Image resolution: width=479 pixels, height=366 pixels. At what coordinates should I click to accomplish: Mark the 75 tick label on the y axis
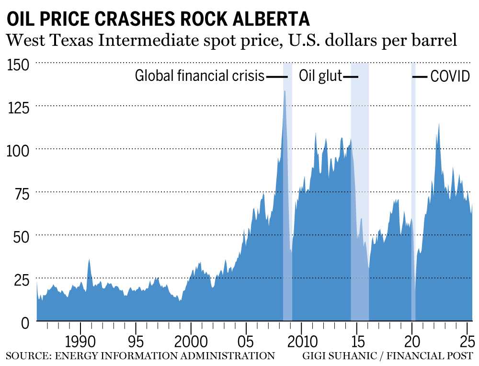pyautogui.click(x=22, y=193)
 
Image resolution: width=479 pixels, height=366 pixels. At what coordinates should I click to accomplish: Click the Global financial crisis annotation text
pyautogui.click(x=199, y=76)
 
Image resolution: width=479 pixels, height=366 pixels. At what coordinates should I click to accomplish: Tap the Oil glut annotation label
pyautogui.click(x=320, y=76)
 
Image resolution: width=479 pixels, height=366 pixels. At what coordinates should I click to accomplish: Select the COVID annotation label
pyautogui.click(x=450, y=76)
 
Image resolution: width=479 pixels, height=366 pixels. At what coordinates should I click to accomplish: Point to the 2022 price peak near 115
pyautogui.click(x=438, y=124)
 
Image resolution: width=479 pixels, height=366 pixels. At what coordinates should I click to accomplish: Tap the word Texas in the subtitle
pyautogui.click(x=72, y=41)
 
